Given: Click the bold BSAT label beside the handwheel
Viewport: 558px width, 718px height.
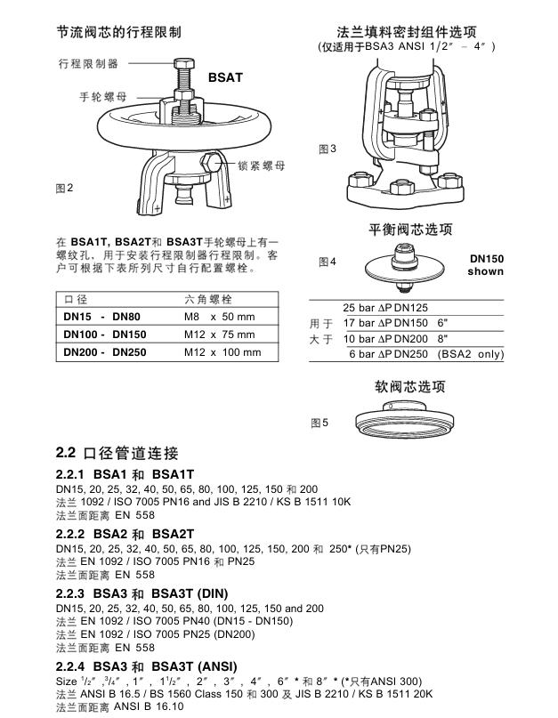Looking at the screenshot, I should pos(225,79).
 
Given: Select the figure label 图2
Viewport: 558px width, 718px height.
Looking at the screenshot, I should pos(64,188).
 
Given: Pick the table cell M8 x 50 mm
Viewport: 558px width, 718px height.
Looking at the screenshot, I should pos(219,317).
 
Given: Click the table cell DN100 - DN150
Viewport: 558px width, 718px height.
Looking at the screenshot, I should pos(104,335).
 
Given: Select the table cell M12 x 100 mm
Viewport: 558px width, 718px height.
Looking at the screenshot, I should pos(222,352).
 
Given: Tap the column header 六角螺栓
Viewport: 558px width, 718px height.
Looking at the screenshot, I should pos(207,299).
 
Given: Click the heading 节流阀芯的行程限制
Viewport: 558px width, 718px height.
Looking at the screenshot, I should pos(119,32).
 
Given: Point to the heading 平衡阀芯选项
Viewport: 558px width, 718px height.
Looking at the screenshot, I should pos(411,230).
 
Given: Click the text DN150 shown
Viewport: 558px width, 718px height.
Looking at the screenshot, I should pos(486,265).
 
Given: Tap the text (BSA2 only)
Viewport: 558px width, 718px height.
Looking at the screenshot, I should pos(470,354).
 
